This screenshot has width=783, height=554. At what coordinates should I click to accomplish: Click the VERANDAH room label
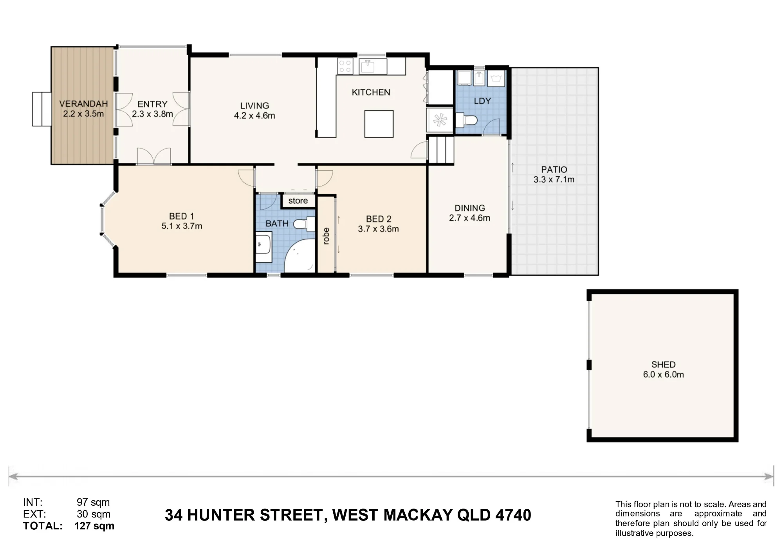pyautogui.click(x=83, y=104)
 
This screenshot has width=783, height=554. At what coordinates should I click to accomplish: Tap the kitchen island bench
pyautogui.click(x=379, y=124)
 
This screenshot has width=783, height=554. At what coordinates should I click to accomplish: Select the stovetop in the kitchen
pyautogui.click(x=345, y=66)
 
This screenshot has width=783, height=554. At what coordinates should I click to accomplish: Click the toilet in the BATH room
pyautogui.click(x=305, y=224)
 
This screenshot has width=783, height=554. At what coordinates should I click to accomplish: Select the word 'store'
pyautogui.click(x=298, y=201)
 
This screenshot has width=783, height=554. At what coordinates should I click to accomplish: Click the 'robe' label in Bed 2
pyautogui.click(x=326, y=236)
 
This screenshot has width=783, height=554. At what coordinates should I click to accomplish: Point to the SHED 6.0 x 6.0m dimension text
pyautogui.click(x=664, y=375)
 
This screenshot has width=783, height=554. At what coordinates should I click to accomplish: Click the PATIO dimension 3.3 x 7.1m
pyautogui.click(x=554, y=180)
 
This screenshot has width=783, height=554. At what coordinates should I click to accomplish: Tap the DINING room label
pyautogui.click(x=470, y=208)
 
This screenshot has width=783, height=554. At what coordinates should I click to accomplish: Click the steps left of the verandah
pyautogui.click(x=41, y=109)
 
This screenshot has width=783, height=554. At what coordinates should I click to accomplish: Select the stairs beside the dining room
pyautogui.click(x=441, y=149)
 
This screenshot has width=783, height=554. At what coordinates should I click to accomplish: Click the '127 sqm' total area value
pyautogui.click(x=94, y=526)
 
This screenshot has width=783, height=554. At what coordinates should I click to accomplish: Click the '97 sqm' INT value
pyautogui.click(x=93, y=502)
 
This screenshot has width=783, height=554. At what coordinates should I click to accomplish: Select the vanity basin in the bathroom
pyautogui.click(x=263, y=248)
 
